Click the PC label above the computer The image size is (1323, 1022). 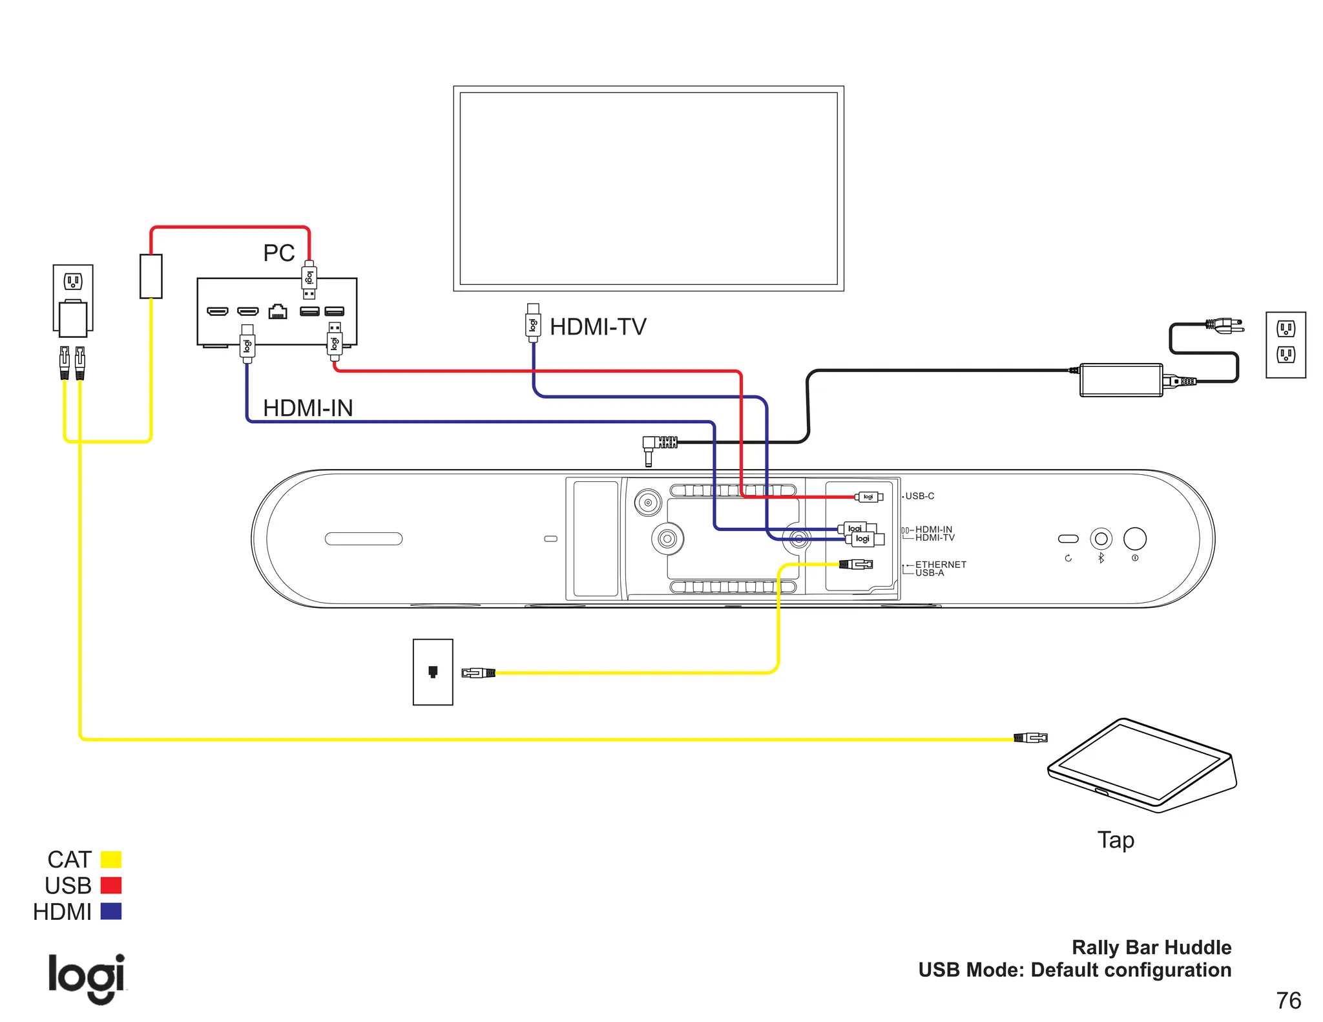tap(278, 253)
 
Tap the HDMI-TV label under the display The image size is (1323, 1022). tap(598, 327)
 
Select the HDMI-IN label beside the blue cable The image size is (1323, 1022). tap(307, 408)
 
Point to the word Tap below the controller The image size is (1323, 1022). tap(1116, 840)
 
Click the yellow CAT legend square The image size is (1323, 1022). tap(111, 859)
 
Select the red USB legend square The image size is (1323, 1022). tap(111, 885)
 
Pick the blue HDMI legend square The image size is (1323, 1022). tap(111, 912)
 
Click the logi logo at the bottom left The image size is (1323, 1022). tap(87, 978)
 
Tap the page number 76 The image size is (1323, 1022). tap(1288, 1001)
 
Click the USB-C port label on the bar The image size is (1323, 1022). tap(919, 496)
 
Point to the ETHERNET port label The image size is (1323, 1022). tap(941, 564)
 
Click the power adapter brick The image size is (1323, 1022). tap(1121, 380)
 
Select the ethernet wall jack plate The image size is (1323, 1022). tap(433, 672)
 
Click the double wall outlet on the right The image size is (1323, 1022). tap(1286, 344)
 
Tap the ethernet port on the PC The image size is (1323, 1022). tap(278, 312)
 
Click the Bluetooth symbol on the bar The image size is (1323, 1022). tap(1101, 558)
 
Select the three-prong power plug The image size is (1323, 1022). tap(1225, 326)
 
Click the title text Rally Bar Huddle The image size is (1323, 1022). tap(1151, 947)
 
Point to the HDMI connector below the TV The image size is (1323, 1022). tap(533, 322)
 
